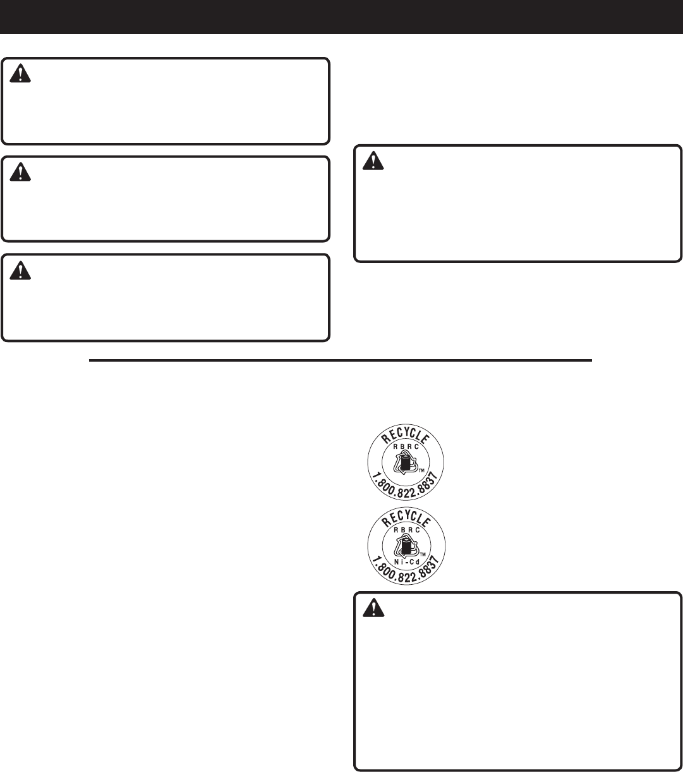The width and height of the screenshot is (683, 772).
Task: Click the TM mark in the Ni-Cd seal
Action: (422, 554)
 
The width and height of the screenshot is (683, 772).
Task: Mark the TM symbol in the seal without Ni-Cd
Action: (421, 470)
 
